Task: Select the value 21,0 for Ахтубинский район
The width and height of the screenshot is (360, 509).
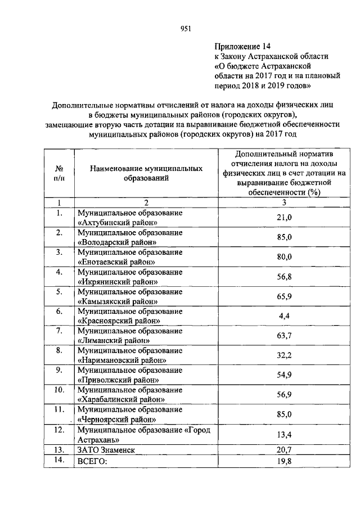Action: (x=285, y=217)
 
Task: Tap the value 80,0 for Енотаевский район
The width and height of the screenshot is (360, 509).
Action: (x=285, y=256)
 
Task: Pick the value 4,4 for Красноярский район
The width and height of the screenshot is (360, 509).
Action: (x=285, y=316)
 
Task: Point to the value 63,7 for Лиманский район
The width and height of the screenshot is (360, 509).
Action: (x=285, y=336)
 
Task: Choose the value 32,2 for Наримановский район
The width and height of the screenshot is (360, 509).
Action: (x=285, y=355)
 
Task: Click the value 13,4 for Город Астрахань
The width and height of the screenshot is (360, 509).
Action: (x=285, y=434)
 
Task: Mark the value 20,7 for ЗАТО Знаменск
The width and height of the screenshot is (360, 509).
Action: (x=285, y=450)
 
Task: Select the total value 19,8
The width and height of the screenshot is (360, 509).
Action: (x=285, y=461)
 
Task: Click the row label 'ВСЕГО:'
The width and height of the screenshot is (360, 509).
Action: (x=92, y=461)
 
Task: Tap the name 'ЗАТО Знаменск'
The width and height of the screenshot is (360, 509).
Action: (x=107, y=450)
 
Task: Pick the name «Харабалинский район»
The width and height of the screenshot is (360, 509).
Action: (x=120, y=399)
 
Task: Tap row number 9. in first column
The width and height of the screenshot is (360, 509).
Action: (x=59, y=370)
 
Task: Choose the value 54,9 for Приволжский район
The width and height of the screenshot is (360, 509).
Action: (x=285, y=375)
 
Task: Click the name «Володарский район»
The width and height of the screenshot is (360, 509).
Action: (x=117, y=242)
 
